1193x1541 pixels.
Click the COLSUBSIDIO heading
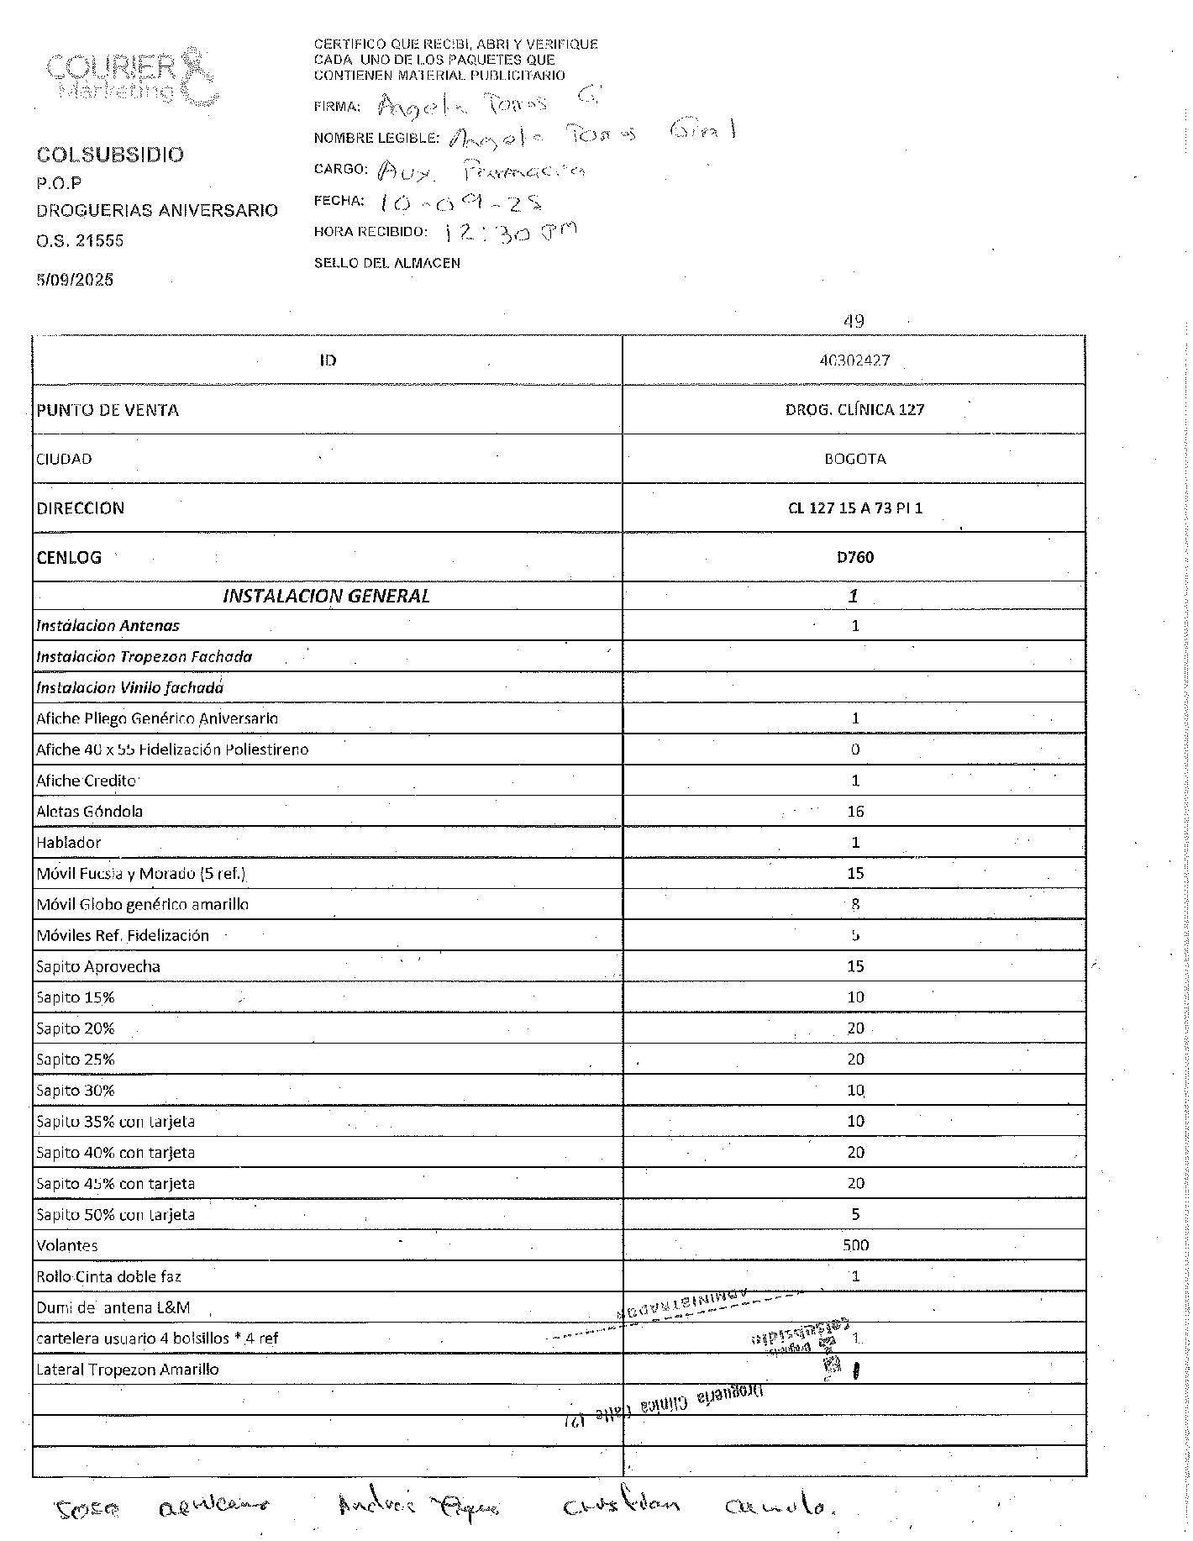click(110, 155)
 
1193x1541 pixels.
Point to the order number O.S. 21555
click(80, 241)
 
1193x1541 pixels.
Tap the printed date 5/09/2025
click(75, 280)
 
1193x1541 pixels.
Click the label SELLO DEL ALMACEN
click(387, 263)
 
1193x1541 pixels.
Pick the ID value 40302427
click(854, 360)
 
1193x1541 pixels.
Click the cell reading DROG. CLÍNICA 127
click(854, 410)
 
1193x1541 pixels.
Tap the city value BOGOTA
click(854, 459)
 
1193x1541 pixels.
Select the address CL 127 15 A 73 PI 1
click(854, 508)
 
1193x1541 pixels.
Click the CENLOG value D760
click(854, 557)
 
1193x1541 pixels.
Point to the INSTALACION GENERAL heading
click(326, 596)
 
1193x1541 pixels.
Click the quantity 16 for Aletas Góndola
click(855, 812)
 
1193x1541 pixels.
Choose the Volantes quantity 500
click(855, 1245)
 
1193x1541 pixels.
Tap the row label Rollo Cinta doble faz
click(108, 1276)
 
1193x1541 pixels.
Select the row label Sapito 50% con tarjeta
click(115, 1214)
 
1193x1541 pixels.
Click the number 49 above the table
click(854, 321)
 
